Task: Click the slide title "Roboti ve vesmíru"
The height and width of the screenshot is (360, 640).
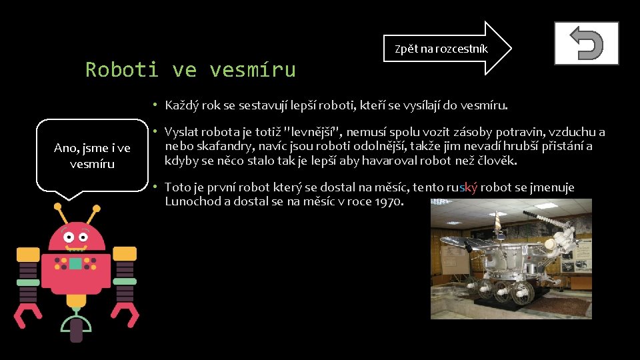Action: [x=190, y=69]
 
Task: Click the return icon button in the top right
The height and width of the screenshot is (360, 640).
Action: [x=586, y=43]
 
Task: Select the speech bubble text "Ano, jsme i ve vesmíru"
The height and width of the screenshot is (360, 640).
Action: [x=92, y=155]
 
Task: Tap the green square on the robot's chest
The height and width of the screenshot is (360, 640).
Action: [x=75, y=263]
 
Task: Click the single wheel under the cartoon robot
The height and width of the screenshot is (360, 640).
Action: [x=76, y=328]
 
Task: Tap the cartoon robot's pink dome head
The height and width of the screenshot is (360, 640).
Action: [x=76, y=237]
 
